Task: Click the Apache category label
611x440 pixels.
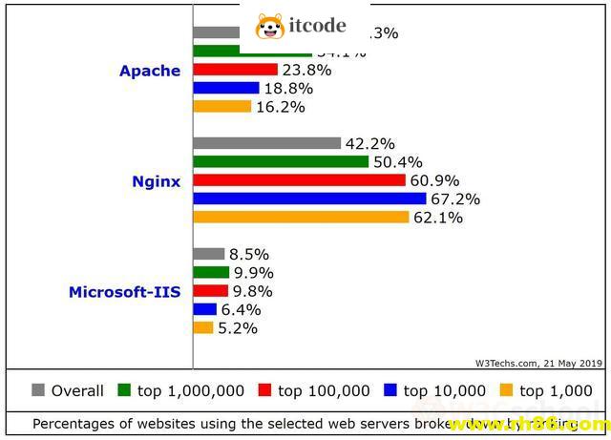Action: tap(149, 71)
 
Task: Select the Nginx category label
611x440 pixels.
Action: tap(156, 181)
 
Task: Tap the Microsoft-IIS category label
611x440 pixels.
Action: tap(124, 292)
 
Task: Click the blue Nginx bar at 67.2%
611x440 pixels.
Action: tap(309, 199)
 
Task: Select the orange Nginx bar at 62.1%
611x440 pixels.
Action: tap(301, 217)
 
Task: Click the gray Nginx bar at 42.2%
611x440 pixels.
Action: tap(266, 143)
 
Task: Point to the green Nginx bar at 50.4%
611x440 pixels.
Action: tap(281, 161)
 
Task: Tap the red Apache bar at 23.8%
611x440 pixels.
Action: tap(235, 70)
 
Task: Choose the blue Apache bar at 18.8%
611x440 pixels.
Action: tap(225, 88)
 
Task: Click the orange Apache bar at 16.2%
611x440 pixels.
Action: tap(221, 106)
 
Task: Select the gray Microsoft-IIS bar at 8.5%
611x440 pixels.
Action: tap(208, 254)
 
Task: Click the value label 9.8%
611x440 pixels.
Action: tap(253, 291)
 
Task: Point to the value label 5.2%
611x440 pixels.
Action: tap(238, 328)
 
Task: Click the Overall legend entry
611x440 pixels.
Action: tap(68, 390)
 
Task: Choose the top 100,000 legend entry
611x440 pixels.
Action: tap(314, 390)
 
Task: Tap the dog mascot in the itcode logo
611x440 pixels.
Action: tap(270, 26)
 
